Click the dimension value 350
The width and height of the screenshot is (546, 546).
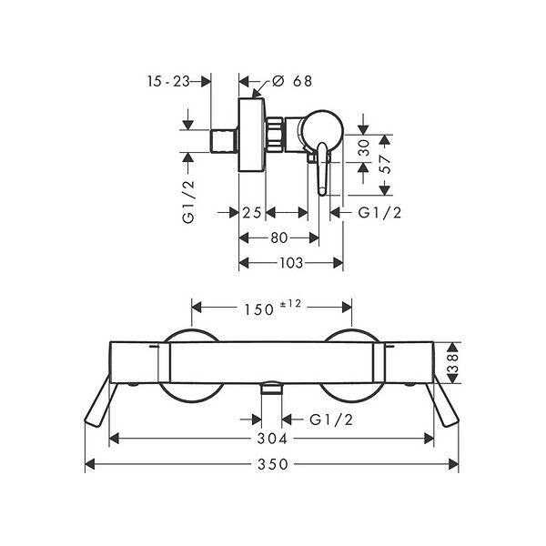tap(273, 464)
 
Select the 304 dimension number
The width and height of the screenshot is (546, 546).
tap(272, 439)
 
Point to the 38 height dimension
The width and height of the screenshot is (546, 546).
tap(452, 363)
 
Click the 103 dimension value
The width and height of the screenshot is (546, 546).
tap(291, 263)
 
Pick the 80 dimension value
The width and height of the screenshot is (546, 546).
tap(279, 238)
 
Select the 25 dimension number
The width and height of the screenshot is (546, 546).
tap(252, 212)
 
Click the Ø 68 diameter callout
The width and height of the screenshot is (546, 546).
tap(292, 81)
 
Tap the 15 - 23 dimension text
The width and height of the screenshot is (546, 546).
tap(168, 82)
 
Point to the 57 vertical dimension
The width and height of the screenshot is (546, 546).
tap(384, 164)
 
